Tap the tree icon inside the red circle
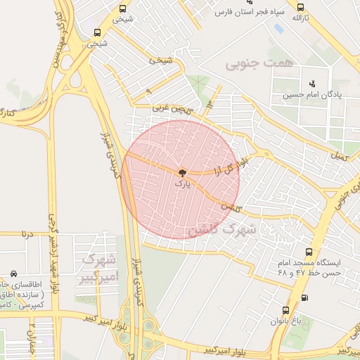pyautogui.click(x=181, y=172)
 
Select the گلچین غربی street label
pyautogui.click(x=172, y=108)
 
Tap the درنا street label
pyautogui.click(x=27, y=231)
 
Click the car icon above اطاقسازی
pyautogui.click(x=14, y=273)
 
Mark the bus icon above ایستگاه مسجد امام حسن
pyautogui.click(x=308, y=252)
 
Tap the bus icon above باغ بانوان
pyautogui.click(x=285, y=309)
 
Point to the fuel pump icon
pyautogui.click(x=304, y=297)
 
